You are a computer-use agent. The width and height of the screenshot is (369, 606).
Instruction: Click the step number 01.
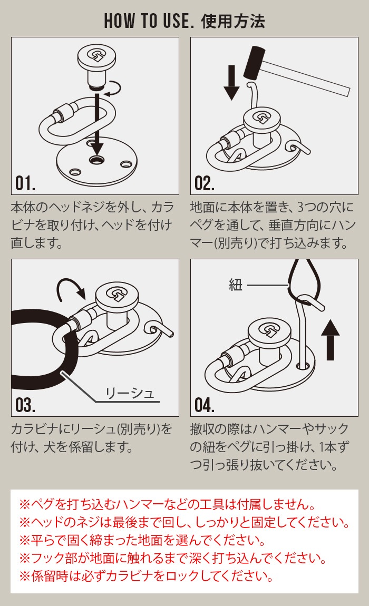click(25, 183)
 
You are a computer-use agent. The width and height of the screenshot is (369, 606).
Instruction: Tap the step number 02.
click(204, 183)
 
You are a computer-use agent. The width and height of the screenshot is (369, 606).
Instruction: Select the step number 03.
click(25, 405)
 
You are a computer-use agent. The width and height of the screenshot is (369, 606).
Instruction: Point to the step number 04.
click(205, 405)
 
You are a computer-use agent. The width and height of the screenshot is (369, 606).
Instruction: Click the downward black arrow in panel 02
click(232, 82)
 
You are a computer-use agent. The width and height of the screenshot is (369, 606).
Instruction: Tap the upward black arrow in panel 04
click(331, 339)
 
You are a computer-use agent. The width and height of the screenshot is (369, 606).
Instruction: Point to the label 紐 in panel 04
click(236, 285)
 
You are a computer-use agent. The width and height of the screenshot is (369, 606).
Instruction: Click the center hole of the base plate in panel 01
click(96, 159)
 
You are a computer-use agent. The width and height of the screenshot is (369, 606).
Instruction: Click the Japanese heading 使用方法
click(233, 21)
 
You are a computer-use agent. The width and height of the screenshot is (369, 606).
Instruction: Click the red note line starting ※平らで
click(142, 540)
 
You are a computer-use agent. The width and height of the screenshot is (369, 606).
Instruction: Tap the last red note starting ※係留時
click(146, 576)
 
